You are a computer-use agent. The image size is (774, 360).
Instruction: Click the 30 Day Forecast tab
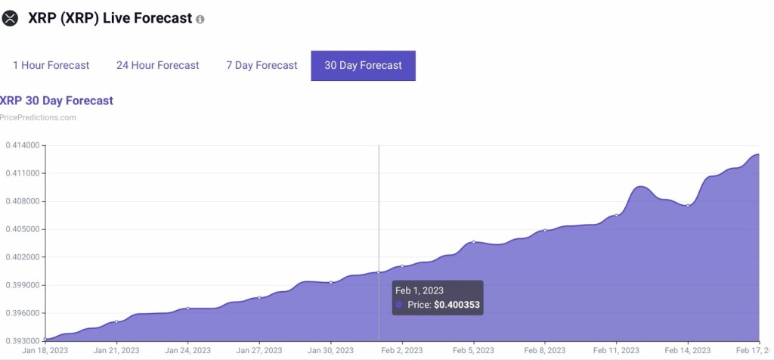pos(363,66)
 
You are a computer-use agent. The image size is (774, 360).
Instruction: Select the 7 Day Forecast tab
pos(262,66)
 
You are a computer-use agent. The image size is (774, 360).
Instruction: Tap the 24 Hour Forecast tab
pos(157,66)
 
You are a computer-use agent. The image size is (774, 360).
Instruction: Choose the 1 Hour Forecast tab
pos(51,66)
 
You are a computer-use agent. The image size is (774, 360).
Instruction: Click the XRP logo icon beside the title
pos(10,19)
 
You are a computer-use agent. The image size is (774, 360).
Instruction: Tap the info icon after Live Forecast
pos(200,19)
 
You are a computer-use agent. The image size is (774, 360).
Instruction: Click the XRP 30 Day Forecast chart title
pos(56,101)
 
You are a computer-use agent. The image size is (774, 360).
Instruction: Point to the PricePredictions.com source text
pos(38,117)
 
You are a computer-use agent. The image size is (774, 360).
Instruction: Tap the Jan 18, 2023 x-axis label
pos(45,351)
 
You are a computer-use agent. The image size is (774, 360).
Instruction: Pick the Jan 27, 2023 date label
pos(259,351)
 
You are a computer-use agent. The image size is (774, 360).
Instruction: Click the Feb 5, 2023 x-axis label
pos(474,351)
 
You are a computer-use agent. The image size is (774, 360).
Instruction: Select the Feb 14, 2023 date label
pos(688,351)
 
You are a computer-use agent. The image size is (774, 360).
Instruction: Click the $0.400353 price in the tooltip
pos(457,306)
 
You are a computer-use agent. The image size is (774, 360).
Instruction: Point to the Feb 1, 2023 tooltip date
pos(419,290)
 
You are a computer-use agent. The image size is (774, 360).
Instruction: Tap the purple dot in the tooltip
pos(399,305)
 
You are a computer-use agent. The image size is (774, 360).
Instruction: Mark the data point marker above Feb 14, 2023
pos(688,206)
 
